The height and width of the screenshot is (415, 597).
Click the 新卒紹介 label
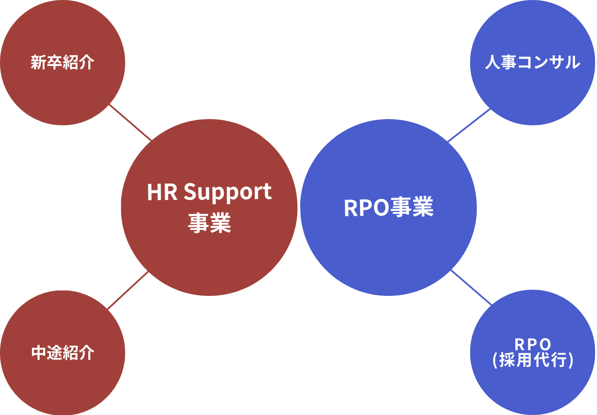tap(63, 63)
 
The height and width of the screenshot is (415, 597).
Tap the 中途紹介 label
tap(63, 353)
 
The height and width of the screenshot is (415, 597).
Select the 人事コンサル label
tap(532, 62)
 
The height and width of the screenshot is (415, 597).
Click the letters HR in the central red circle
tap(162, 193)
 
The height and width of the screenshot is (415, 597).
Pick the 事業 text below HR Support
tap(209, 223)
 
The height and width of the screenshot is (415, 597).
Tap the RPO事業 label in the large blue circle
tap(388, 207)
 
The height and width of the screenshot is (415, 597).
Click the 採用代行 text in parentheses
tap(533, 360)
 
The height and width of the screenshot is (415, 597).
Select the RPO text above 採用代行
tap(533, 344)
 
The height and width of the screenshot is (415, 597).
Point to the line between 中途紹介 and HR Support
tap(128, 290)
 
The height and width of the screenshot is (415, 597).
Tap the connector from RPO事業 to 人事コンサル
tap(469, 125)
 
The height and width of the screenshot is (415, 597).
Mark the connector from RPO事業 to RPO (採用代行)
tap(471, 287)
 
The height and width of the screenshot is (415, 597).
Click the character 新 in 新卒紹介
tap(39, 63)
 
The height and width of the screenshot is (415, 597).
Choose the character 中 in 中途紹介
tap(39, 353)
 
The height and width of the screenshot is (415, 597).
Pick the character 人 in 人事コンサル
tap(493, 62)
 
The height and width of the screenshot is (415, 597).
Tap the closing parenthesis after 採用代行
tap(571, 360)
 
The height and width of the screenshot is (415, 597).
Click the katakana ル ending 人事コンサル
tap(572, 62)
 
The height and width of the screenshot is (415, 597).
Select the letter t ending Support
tap(267, 193)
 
